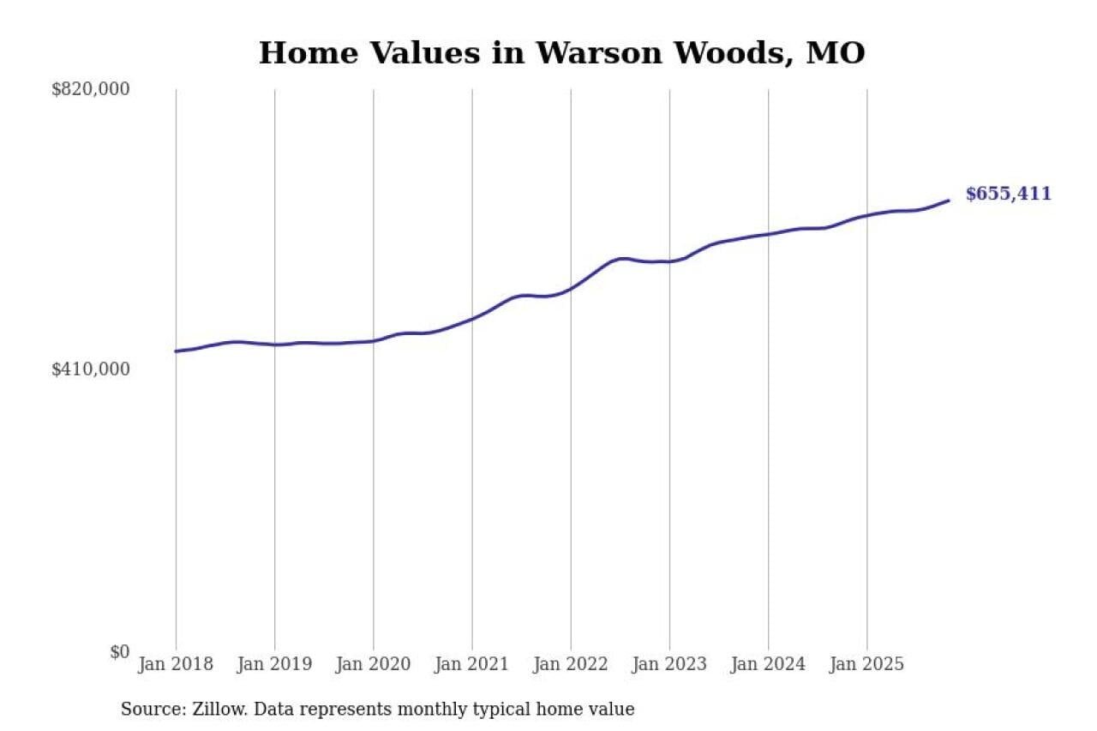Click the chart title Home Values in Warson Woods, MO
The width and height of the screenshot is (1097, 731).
[561, 53]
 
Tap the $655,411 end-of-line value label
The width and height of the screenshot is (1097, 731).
[1008, 195]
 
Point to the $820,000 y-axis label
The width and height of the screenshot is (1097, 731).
[91, 89]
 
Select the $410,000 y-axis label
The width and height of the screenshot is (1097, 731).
[91, 369]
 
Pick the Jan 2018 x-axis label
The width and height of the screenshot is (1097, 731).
[176, 665]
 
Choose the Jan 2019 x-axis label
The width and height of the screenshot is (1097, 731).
[274, 665]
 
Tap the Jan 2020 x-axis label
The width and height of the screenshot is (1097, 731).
[373, 665]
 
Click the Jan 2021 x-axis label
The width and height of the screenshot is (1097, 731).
[471, 665]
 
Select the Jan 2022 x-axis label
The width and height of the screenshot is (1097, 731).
[571, 665]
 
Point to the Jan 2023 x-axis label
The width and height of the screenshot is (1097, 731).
[669, 665]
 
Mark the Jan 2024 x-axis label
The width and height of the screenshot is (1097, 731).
[768, 665]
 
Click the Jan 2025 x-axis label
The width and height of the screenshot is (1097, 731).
[866, 665]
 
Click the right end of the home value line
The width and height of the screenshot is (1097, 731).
[949, 201]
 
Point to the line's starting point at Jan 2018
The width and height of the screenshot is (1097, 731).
[176, 351]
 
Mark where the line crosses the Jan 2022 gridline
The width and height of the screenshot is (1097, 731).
[571, 289]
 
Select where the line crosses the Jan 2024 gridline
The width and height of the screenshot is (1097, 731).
[768, 234]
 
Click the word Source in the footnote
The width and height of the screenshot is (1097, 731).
[150, 710]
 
